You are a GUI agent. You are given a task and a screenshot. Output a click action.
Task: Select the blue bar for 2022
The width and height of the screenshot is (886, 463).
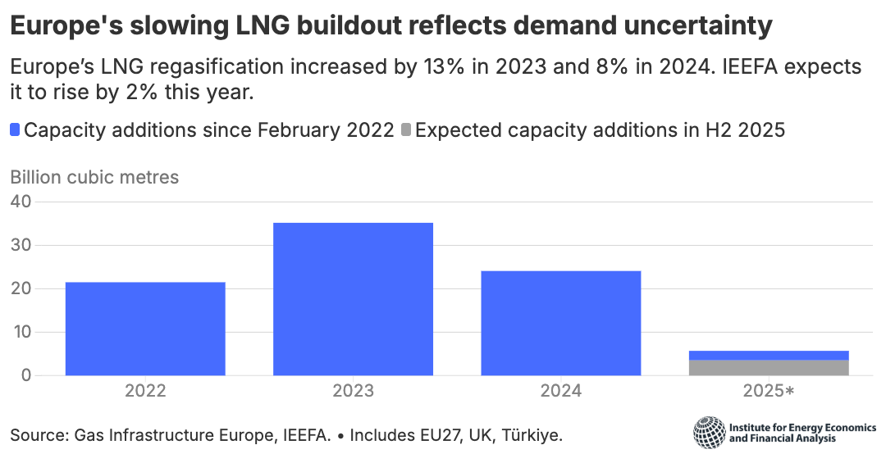pos(145,329)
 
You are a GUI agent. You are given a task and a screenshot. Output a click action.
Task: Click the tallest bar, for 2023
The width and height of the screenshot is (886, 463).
pos(353,299)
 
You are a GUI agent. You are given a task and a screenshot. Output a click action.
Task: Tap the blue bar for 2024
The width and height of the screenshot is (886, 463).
pos(560,323)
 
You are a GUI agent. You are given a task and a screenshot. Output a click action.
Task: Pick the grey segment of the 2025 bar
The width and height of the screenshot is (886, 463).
pos(769,368)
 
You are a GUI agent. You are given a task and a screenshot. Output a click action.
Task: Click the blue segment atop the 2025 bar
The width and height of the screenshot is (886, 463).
pos(769,355)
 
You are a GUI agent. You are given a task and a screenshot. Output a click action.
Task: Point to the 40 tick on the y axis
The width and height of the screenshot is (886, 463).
pos(20,202)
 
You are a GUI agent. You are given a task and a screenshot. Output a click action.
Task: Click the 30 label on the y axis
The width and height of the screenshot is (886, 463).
pos(20,245)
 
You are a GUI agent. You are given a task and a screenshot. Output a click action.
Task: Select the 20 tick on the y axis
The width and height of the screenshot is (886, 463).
pos(20,288)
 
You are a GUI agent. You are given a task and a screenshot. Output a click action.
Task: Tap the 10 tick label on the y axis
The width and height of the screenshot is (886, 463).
pos(20,332)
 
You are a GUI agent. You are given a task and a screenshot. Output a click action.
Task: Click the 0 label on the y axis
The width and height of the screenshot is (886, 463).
pos(25,375)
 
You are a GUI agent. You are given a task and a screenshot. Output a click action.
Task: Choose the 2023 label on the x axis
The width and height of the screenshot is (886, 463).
pos(353,391)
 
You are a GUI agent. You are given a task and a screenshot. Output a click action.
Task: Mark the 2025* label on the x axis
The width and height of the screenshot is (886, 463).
pos(769,391)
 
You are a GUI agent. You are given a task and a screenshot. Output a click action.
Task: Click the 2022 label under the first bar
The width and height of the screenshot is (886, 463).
pos(145,391)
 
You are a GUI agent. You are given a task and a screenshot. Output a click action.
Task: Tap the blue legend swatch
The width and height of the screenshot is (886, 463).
pos(16,129)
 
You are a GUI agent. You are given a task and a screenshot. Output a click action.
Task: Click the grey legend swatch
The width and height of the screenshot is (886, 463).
pos(407,129)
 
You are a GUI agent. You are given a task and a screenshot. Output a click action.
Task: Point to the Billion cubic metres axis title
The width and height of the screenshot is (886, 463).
pos(94,176)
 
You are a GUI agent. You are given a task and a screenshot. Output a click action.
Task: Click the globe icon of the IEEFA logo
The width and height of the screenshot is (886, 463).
pos(709,432)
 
